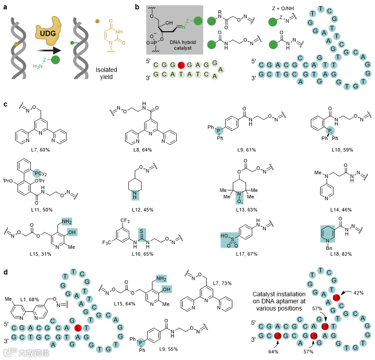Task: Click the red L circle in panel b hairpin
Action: tap(181, 65)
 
